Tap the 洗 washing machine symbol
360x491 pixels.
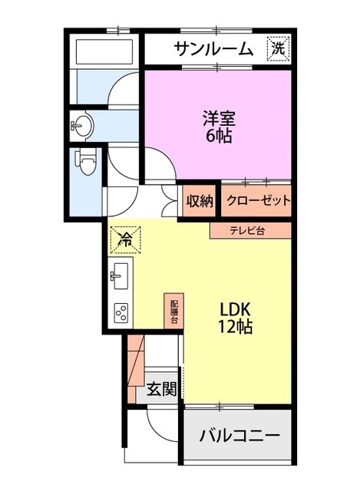coord(279,48)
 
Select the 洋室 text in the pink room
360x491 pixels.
coord(218,119)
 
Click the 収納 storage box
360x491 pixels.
coord(200,202)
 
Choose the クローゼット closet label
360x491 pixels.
coord(258,202)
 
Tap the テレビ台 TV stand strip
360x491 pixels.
coord(250,230)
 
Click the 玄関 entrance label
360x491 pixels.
coord(162,389)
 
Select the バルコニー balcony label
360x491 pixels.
coord(239,437)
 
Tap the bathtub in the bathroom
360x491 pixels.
coord(105,52)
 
